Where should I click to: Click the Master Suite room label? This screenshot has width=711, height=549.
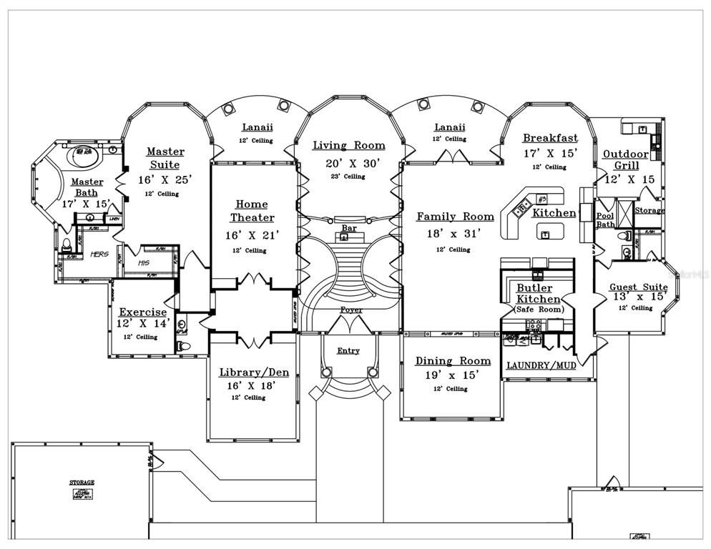[165, 158]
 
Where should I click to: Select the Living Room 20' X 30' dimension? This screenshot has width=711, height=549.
[348, 163]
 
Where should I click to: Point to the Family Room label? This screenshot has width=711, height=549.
[455, 216]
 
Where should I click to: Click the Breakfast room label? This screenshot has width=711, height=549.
[549, 138]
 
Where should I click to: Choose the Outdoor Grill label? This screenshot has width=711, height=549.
[625, 160]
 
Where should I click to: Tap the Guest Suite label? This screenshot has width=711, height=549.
[638, 287]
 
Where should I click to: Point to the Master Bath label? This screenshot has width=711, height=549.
[87, 187]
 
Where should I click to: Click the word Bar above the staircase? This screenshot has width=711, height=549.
[349, 228]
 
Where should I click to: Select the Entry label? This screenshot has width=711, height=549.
[348, 351]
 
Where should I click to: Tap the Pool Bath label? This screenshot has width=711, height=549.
[605, 219]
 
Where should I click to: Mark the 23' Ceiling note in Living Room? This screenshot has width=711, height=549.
[348, 177]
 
